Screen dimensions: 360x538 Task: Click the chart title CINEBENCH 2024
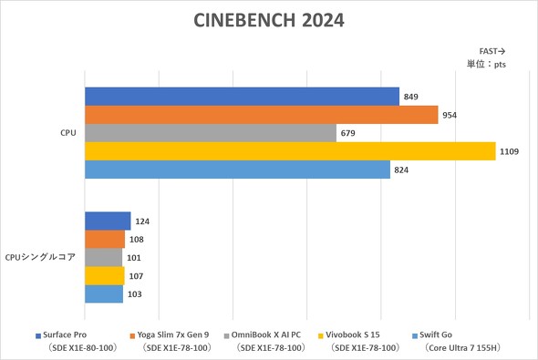coord(269,21)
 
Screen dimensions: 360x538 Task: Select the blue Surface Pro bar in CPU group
coord(242,97)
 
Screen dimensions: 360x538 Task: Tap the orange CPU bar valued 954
coord(262,115)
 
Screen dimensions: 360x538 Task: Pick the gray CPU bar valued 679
coord(211,133)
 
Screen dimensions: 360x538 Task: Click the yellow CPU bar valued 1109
coord(290,151)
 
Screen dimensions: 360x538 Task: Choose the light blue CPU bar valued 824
coord(237,170)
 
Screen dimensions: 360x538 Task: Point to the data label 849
coord(411,97)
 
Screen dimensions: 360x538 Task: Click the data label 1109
coord(509,151)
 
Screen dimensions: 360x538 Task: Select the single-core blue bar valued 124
coord(108,221)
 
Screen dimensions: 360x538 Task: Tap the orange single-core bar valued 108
coord(105,239)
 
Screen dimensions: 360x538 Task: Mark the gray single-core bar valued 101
coord(103,257)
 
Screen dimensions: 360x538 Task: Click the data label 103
coord(135,293)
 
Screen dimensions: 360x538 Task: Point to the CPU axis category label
coord(67,133)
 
